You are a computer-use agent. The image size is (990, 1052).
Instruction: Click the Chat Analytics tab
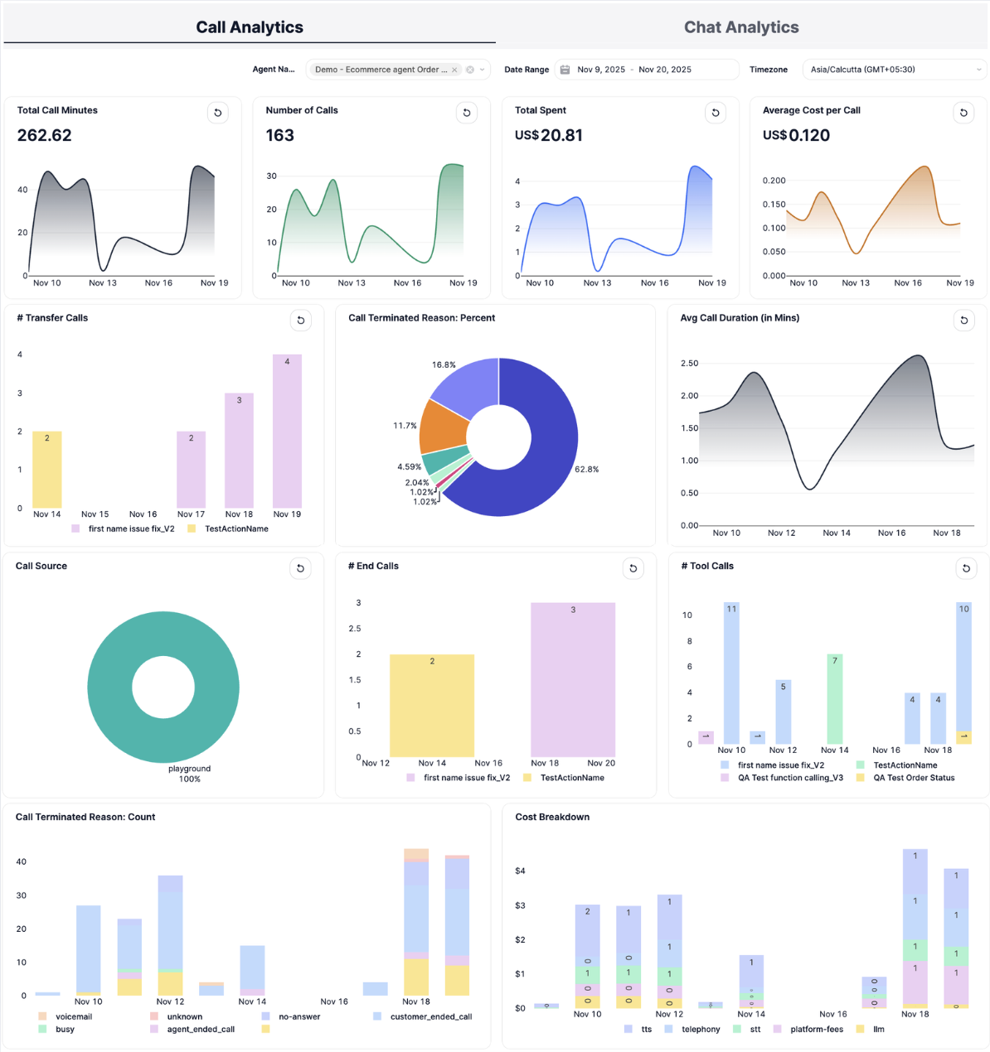740,27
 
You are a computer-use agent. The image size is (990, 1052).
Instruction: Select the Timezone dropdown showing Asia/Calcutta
894,70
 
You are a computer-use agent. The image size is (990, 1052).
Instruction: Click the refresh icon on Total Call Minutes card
218,113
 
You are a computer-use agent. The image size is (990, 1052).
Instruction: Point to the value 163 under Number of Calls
280,136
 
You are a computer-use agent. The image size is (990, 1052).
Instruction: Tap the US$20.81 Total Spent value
548,136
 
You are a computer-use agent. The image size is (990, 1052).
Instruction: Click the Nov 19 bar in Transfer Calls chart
287,431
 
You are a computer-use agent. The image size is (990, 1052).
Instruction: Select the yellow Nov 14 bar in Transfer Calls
47,469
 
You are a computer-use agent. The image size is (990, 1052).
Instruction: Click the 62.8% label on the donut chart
586,470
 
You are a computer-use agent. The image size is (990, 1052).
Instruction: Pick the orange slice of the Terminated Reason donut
444,427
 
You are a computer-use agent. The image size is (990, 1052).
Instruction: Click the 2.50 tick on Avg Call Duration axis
689,364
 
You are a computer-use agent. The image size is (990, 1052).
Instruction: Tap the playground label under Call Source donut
189,769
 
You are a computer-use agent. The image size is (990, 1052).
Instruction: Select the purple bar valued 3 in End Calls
573,679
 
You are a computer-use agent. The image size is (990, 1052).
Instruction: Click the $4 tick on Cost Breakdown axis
520,871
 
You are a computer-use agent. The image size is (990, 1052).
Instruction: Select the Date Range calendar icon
565,70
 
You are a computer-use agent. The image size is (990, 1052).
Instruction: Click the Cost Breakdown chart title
552,817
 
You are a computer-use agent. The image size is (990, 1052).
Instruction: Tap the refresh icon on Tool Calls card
966,568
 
